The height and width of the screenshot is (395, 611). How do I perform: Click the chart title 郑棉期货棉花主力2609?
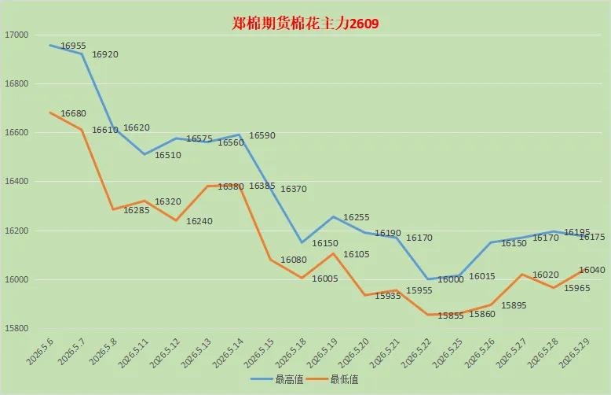coord(305,24)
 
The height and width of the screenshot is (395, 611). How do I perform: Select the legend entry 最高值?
coord(277,379)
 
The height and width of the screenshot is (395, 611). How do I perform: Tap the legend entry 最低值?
coord(332,379)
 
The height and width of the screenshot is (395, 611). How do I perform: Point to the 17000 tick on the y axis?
coord(16,35)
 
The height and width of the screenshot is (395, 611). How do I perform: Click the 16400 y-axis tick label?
coord(16,181)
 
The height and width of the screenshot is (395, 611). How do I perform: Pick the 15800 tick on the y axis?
coord(16,328)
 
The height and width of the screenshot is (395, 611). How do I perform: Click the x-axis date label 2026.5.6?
coord(39,352)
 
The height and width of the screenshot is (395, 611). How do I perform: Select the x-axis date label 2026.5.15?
coord(258,353)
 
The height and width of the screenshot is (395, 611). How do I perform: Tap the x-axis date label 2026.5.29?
coord(573,353)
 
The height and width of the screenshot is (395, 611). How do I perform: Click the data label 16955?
coord(73,46)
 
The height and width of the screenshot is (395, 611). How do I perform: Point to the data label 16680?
coord(73,113)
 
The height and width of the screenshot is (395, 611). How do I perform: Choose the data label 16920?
coord(104,54)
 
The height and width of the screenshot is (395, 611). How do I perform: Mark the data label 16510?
coord(168,155)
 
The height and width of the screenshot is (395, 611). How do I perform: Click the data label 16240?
coord(199,221)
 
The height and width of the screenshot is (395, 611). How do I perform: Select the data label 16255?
coord(357,217)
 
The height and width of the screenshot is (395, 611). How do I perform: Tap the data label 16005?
coord(325,279)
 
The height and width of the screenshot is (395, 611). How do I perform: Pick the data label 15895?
coord(514,305)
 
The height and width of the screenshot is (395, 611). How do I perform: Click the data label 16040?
coord(592,270)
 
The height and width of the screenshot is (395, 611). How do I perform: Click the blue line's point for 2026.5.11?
coord(145,154)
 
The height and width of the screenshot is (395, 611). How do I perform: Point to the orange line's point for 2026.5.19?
coord(333,253)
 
